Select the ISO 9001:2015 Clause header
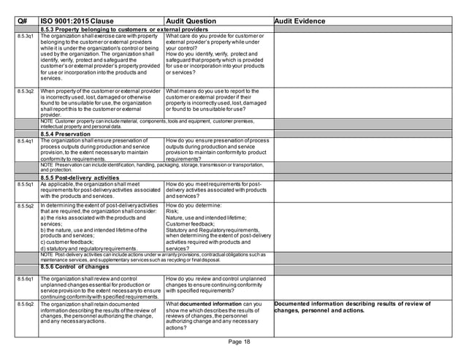point(77,20)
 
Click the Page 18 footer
point(238,342)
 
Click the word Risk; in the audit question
point(173,212)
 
